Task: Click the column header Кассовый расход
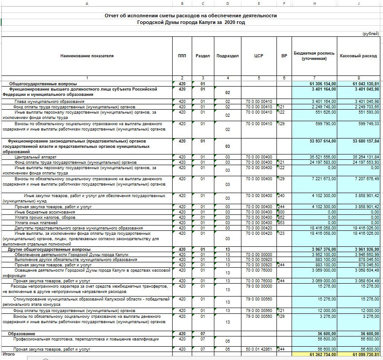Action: tap(358, 56)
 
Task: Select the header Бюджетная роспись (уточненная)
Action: tap(314, 56)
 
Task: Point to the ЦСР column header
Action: tap(259, 56)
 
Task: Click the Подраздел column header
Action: tap(228, 56)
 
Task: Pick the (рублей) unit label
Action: tap(371, 34)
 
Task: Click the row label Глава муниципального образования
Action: tap(43, 102)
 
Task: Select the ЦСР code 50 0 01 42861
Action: tap(258, 349)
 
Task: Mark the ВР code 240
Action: tap(281, 196)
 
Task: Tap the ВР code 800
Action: tap(281, 212)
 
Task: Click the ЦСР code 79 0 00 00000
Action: tap(258, 286)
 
